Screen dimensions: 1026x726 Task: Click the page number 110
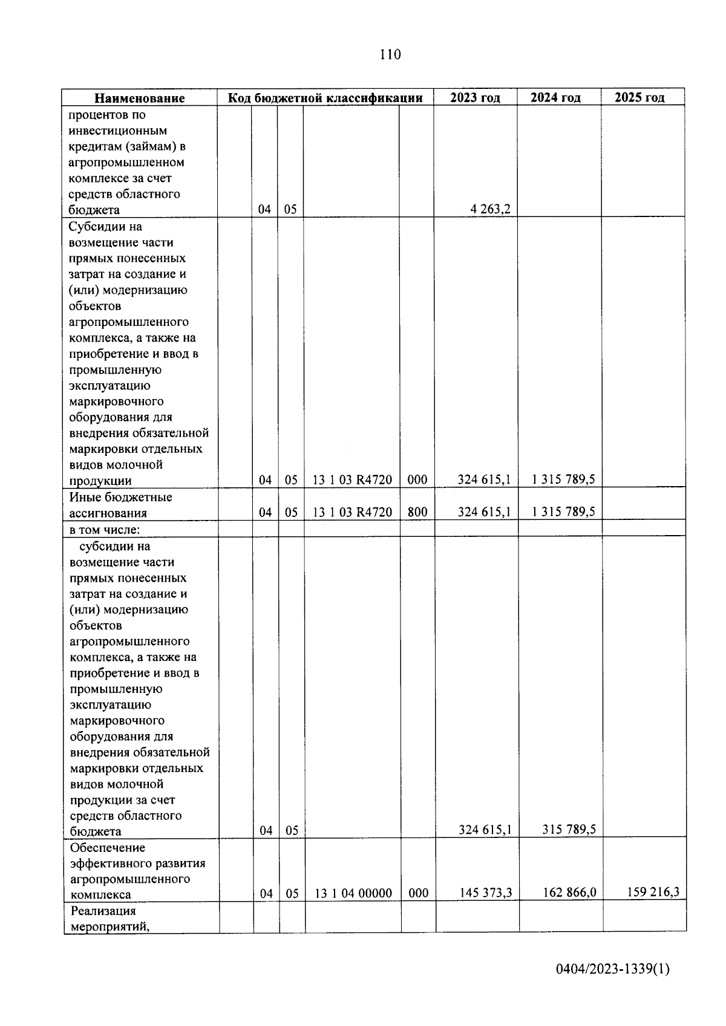tap(390, 55)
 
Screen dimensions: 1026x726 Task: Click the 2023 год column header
tap(475, 98)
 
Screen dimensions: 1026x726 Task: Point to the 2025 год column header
tap(639, 97)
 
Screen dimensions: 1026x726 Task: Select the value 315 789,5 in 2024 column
tap(569, 830)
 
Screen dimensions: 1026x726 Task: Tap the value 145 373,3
tap(485, 892)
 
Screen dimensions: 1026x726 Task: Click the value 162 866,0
tap(569, 892)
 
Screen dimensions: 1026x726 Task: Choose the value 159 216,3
tap(653, 891)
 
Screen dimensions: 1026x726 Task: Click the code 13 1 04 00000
tap(353, 893)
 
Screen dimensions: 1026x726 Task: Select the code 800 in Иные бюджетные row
tap(417, 512)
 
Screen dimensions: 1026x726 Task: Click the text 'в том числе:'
tap(105, 530)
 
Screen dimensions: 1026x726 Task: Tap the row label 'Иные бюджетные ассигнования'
tap(120, 505)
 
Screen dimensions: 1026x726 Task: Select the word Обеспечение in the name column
tap(108, 848)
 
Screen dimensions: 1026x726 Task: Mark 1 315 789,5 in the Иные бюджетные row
tap(563, 511)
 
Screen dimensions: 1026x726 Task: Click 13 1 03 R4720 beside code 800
tap(352, 512)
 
